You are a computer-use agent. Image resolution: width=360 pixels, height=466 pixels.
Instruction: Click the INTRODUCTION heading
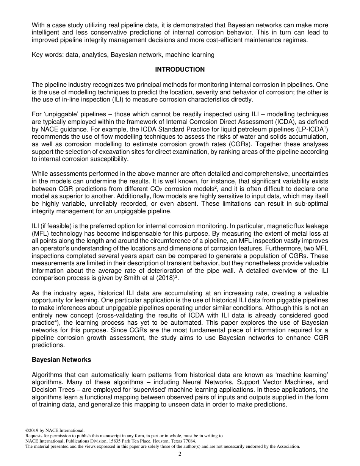point(180,69)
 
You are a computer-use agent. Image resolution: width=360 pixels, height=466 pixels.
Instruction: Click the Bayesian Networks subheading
point(61,360)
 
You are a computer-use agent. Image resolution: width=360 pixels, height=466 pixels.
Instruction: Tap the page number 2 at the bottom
point(180,454)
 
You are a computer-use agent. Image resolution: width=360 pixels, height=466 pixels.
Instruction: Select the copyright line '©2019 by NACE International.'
point(55,430)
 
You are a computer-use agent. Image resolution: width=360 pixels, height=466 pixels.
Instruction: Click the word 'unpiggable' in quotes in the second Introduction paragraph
point(62,114)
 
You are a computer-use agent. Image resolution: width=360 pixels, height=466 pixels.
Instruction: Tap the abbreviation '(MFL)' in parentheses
point(41,234)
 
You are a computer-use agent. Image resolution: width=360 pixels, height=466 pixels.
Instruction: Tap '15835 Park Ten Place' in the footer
point(124,441)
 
